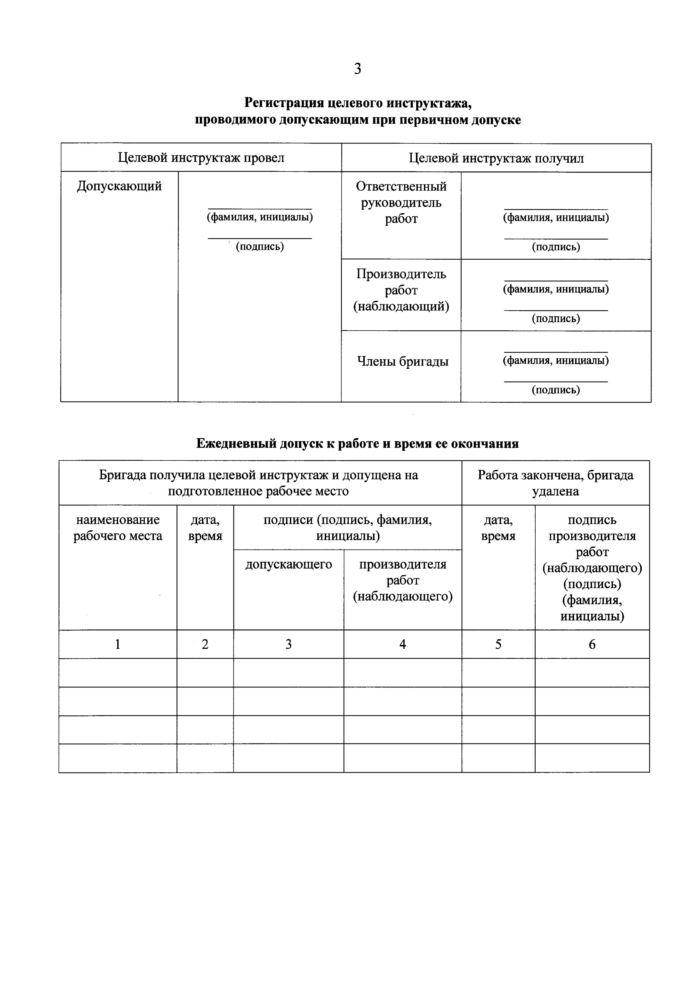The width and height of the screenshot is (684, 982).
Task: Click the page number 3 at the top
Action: [x=357, y=68]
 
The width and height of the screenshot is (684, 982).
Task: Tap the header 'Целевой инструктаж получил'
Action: [x=496, y=158]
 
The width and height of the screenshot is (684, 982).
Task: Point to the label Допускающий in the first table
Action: [x=119, y=186]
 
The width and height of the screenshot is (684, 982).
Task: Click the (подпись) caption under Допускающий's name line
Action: [x=260, y=246]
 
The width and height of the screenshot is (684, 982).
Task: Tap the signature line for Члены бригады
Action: [x=555, y=381]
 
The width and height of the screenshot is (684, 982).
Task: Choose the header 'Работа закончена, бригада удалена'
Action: [x=555, y=483]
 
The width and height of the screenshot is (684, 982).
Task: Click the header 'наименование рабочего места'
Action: [x=118, y=528]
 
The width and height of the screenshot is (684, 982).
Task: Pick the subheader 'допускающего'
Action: [x=288, y=564]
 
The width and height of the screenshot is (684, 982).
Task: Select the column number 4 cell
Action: [x=402, y=644]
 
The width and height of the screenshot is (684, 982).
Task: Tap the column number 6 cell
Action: [x=592, y=644]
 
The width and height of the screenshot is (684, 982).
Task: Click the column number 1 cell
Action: [x=118, y=644]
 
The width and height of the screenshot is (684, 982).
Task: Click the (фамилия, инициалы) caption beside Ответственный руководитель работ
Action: [x=555, y=217]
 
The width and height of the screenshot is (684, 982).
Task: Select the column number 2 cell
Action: [x=205, y=644]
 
